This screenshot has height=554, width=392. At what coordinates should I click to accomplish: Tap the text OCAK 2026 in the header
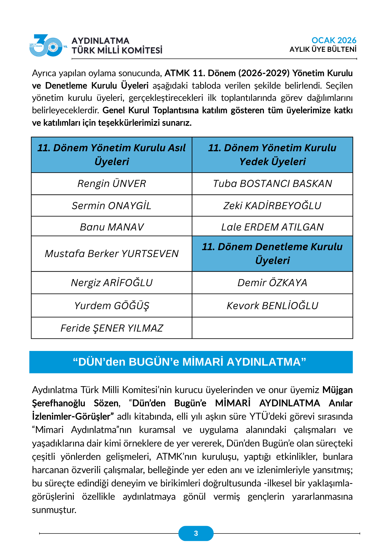point(334,40)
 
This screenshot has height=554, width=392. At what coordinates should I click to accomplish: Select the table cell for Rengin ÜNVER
point(111,184)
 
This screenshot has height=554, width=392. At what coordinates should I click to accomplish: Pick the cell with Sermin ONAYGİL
point(111,206)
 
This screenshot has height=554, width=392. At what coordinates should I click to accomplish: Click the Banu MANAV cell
point(111,227)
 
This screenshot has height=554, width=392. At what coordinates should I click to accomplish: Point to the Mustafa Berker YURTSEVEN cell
point(111,254)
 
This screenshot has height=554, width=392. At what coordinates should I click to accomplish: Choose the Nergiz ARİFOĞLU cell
point(111,283)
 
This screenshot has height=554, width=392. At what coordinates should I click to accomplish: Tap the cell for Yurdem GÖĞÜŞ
point(111,306)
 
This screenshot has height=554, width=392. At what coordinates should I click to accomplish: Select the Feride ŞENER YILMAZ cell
point(111,328)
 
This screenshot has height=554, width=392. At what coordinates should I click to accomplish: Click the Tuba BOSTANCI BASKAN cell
point(272,184)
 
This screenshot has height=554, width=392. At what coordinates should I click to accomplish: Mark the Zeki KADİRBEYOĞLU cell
point(272,206)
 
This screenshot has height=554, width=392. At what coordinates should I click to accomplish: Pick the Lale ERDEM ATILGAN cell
point(272,227)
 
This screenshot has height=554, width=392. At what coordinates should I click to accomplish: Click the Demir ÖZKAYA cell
point(272,283)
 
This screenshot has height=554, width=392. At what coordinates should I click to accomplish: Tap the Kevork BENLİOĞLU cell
point(272,306)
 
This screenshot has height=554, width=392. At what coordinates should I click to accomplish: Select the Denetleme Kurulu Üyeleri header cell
point(272,254)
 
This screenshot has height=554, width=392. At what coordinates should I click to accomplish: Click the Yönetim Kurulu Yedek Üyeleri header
point(272,155)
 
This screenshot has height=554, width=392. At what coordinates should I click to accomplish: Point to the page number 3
point(196,533)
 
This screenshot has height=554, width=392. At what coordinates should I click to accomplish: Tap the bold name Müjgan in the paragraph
point(337,390)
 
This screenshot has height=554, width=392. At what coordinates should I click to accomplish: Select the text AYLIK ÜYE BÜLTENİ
point(323,50)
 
